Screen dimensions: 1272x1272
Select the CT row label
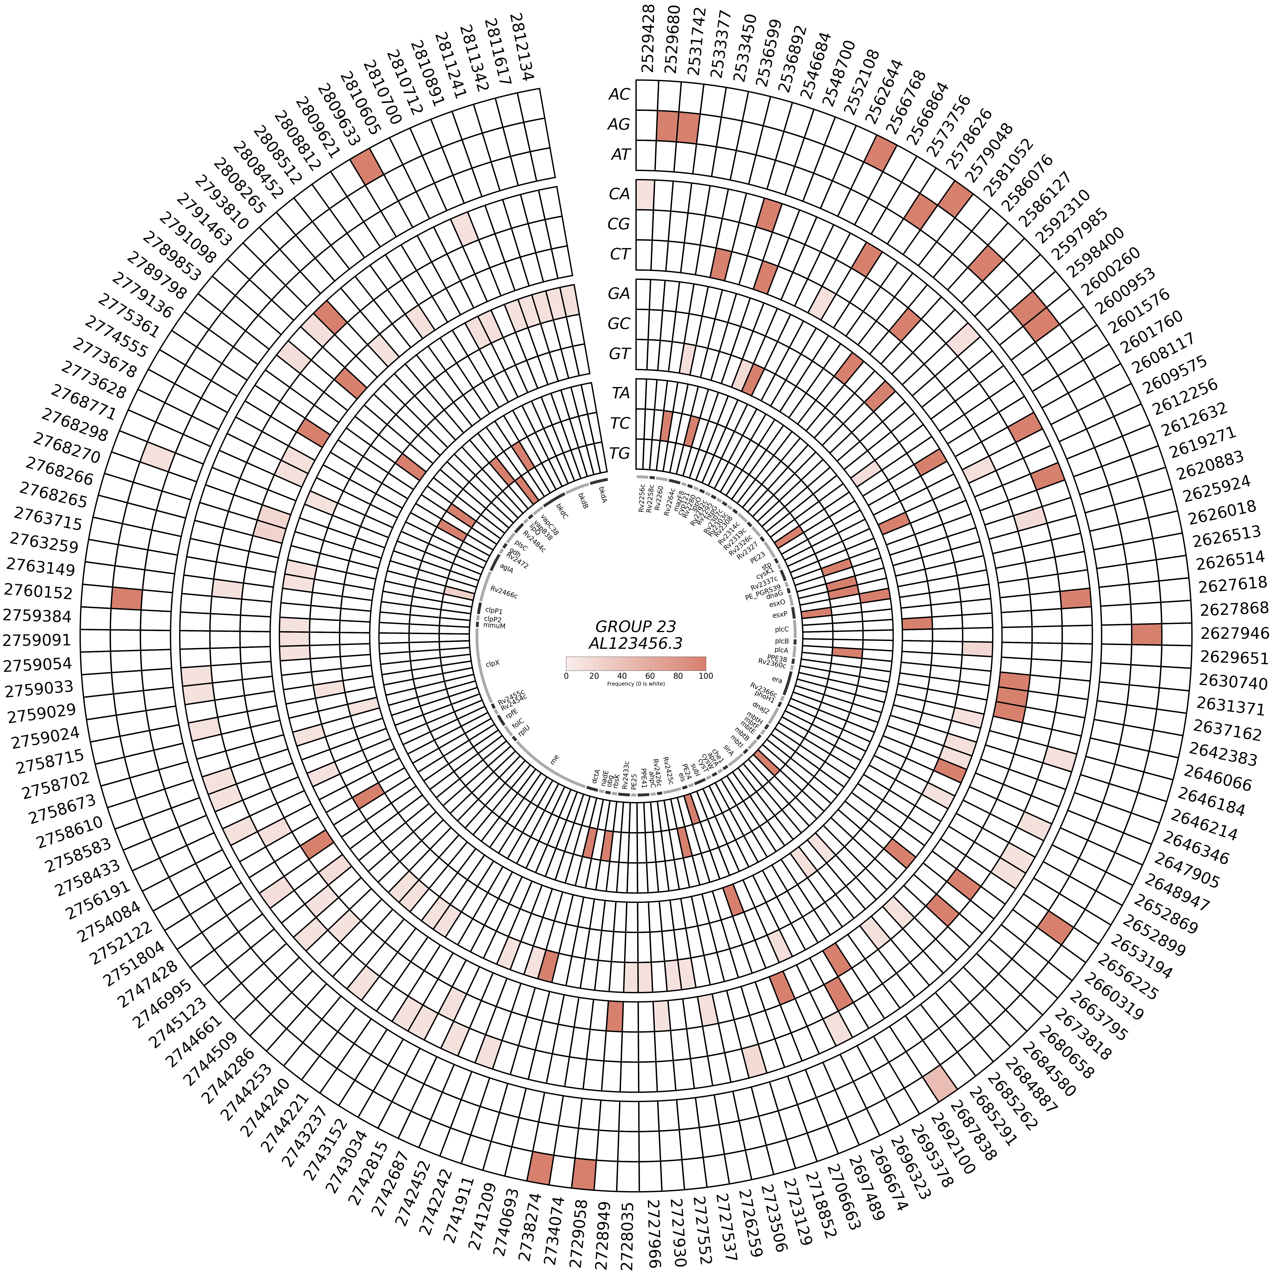[x=619, y=254]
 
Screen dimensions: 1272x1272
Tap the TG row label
[x=619, y=453]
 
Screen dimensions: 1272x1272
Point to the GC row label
[x=619, y=323]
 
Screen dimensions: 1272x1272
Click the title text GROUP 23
[x=635, y=626]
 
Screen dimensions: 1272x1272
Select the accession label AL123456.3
[x=635, y=643]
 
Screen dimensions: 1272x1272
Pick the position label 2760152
[x=38, y=592]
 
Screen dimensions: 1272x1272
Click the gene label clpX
[x=493, y=664]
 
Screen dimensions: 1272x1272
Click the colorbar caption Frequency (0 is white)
[x=635, y=684]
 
